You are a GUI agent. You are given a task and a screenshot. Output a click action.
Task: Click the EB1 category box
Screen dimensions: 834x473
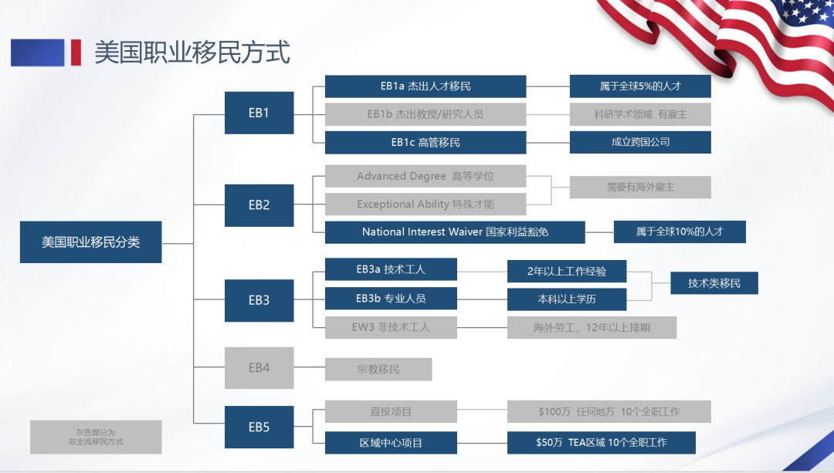click(x=259, y=113)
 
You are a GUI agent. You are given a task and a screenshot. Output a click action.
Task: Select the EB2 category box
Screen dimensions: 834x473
click(x=259, y=205)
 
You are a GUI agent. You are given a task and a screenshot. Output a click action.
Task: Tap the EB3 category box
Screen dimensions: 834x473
click(x=259, y=300)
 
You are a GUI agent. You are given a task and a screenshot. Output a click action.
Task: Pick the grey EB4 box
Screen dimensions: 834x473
click(x=259, y=368)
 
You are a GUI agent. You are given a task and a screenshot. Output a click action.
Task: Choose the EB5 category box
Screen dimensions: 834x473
click(x=259, y=427)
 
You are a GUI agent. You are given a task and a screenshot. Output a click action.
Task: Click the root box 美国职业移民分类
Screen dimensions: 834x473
click(x=91, y=242)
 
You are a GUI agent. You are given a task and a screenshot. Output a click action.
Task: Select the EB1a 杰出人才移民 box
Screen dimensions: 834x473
click(x=425, y=86)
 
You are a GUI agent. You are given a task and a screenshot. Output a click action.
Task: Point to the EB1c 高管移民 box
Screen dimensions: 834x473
click(x=425, y=143)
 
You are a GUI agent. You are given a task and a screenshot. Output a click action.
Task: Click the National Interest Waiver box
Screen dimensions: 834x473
click(x=455, y=232)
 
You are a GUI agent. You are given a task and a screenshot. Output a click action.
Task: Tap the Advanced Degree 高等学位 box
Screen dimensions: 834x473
click(x=425, y=176)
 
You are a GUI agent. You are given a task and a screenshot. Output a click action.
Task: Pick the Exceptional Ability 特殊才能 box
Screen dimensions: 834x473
click(x=425, y=204)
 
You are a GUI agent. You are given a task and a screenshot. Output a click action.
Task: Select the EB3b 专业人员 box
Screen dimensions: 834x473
click(x=391, y=298)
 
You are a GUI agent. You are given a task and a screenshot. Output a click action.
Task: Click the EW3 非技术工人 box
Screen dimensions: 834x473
click(x=391, y=327)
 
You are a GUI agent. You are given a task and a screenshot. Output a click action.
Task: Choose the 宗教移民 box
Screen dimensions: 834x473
click(x=378, y=370)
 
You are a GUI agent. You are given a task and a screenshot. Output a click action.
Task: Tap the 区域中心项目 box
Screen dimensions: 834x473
click(x=391, y=443)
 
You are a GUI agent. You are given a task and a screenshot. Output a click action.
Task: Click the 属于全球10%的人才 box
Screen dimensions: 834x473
click(x=680, y=231)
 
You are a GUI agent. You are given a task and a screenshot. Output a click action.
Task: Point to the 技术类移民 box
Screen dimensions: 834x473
click(x=714, y=283)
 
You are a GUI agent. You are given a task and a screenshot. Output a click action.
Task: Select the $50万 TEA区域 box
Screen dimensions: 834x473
click(x=602, y=443)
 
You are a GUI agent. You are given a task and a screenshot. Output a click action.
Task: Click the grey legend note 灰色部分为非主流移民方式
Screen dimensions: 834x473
click(x=96, y=437)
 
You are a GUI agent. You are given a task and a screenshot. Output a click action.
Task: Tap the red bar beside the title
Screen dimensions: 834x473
click(x=76, y=52)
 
